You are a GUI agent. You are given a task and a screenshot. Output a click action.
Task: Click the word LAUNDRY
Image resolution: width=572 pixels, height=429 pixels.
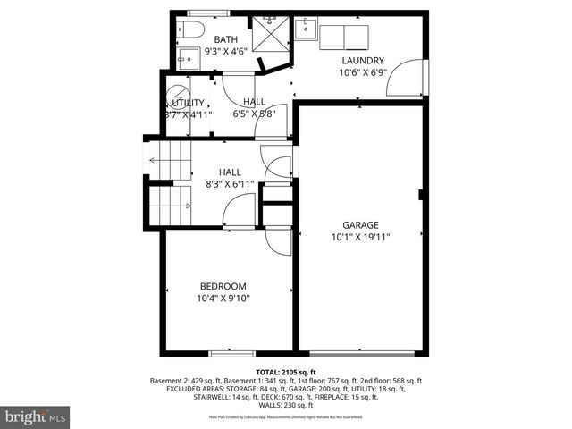(362, 61)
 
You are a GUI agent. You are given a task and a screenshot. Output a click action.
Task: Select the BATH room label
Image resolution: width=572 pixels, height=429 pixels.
(225, 39)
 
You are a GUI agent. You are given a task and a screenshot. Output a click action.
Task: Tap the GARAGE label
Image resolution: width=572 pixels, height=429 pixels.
(361, 225)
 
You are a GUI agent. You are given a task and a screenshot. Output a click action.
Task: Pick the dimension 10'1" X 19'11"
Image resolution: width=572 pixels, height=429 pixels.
(361, 238)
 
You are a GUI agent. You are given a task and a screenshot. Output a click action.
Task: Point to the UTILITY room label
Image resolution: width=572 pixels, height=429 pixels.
(185, 103)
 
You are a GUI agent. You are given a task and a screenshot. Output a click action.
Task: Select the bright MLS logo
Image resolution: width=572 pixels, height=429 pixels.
(35, 416)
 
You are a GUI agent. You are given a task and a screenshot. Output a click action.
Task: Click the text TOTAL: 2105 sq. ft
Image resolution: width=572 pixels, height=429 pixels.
(286, 371)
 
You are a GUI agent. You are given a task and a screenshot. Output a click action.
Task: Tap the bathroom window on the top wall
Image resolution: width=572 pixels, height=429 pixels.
(207, 13)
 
